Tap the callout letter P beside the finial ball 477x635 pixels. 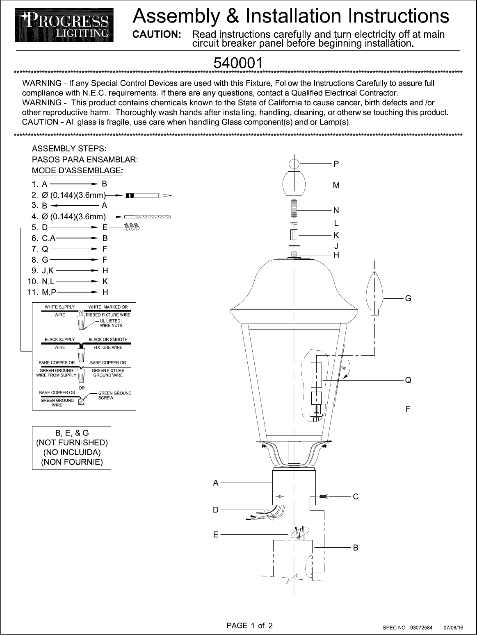(x=336, y=164)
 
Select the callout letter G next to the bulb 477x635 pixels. (x=408, y=299)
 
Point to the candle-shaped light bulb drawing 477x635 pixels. (x=374, y=293)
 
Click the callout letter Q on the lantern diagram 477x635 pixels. (x=408, y=380)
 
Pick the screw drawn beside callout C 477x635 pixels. (x=323, y=497)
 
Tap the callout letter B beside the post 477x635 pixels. (x=356, y=547)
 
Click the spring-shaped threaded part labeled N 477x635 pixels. (x=294, y=208)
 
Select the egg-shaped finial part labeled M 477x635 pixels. (x=294, y=184)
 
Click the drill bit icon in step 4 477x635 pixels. (x=148, y=216)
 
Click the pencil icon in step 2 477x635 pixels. (x=148, y=195)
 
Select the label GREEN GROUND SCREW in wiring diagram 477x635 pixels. (x=114, y=395)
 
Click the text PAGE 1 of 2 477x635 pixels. (x=250, y=625)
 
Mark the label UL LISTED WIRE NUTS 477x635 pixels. (x=111, y=323)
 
